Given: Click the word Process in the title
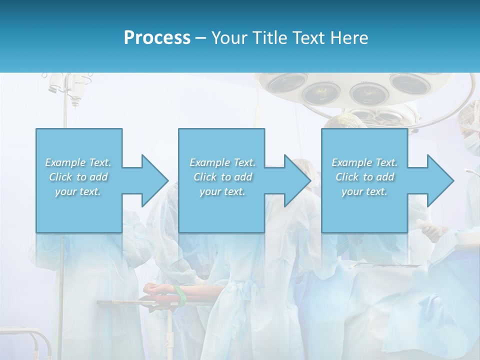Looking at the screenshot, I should pos(157,38).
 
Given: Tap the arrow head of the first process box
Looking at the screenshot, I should pos(155,180).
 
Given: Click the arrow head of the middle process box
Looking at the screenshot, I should pos(297,180).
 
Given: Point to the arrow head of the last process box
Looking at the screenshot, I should pos(440,180).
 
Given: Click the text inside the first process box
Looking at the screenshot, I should pos(78,177).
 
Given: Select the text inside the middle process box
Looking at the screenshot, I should pos(222,177).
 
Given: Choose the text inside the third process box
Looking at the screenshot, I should pos(364,177).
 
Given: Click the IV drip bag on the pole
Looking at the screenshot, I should pos(75,90).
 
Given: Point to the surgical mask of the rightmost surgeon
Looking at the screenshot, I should pos(471,142).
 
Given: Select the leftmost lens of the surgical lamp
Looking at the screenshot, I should pos(283,82).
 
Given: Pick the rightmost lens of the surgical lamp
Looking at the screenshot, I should pos(410,83).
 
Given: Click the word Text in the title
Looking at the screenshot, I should pos(308,38).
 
